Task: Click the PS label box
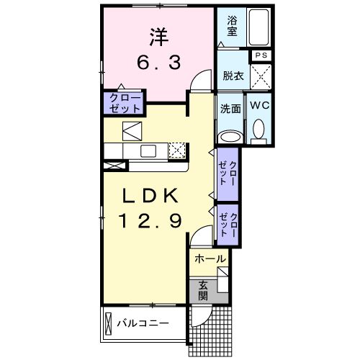pyautogui.click(x=261, y=55)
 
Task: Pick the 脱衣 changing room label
pyautogui.click(x=232, y=74)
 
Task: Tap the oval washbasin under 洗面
pyautogui.click(x=230, y=136)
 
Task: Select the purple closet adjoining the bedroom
pyautogui.click(x=124, y=102)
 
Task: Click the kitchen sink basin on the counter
pyautogui.click(x=149, y=150)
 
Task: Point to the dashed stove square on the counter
pyautogui.click(x=177, y=150)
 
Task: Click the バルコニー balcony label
pyautogui.click(x=143, y=323)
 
